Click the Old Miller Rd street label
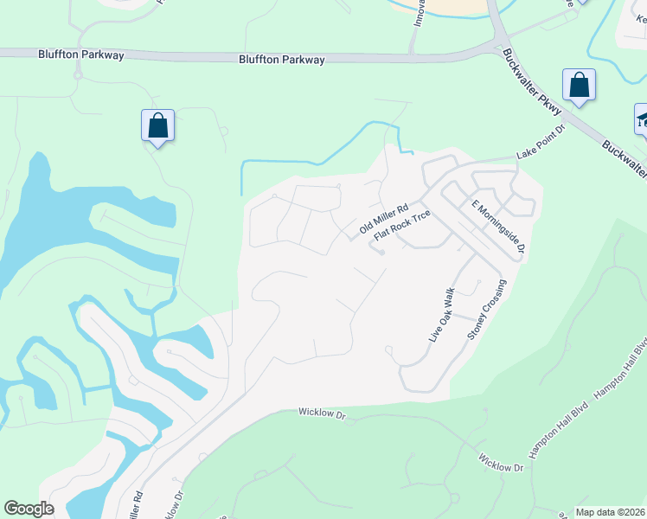[383, 219]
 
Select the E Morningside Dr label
[498, 227]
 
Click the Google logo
[29, 509]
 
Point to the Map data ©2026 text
[610, 512]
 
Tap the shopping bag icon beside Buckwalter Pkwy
[579, 86]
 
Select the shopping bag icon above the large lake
[158, 126]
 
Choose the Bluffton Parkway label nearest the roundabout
[81, 54]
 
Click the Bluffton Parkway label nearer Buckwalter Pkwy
[282, 60]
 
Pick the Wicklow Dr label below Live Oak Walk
[322, 415]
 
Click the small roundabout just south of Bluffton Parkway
[77, 76]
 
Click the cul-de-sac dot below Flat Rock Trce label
[381, 253]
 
